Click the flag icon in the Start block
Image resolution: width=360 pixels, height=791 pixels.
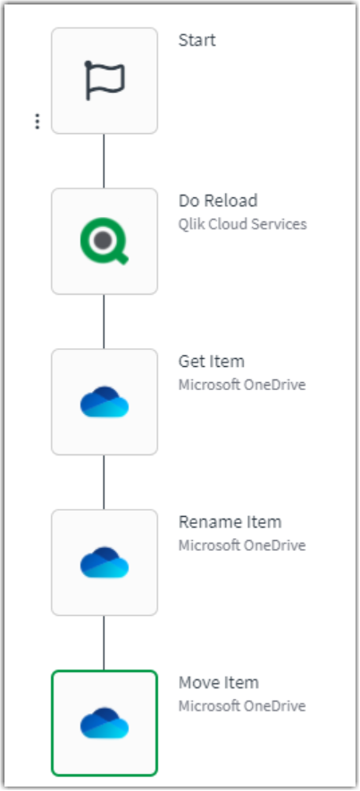pos(105,80)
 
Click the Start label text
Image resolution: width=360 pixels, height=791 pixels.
pos(197,40)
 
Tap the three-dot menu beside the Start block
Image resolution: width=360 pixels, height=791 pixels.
pos(37,121)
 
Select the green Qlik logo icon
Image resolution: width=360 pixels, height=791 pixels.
pos(105,241)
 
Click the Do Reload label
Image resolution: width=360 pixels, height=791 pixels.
pos(218,201)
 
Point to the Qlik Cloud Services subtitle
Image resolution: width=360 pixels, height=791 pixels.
pos(242,224)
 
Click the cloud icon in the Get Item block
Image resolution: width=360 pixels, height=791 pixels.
pos(105,402)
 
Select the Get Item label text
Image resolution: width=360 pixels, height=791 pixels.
pos(212,362)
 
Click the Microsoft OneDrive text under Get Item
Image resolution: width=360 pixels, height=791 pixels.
pos(242,385)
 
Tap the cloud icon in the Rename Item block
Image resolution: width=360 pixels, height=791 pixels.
pos(105,562)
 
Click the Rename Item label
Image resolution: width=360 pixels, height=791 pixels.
pos(230,522)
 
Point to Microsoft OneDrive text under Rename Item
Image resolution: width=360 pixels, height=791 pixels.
pos(242,545)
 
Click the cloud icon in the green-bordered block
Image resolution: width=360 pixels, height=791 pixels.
pos(105,723)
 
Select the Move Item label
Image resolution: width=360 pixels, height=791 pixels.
pos(219,683)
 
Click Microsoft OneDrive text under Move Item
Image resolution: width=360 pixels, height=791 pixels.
pos(242,706)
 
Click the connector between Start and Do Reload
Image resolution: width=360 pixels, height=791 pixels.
pos(105,161)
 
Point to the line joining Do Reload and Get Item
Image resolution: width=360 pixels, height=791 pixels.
pos(105,321)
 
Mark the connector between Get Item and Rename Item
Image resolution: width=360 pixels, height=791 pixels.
pos(105,482)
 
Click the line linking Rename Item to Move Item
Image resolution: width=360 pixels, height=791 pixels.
pos(105,643)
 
